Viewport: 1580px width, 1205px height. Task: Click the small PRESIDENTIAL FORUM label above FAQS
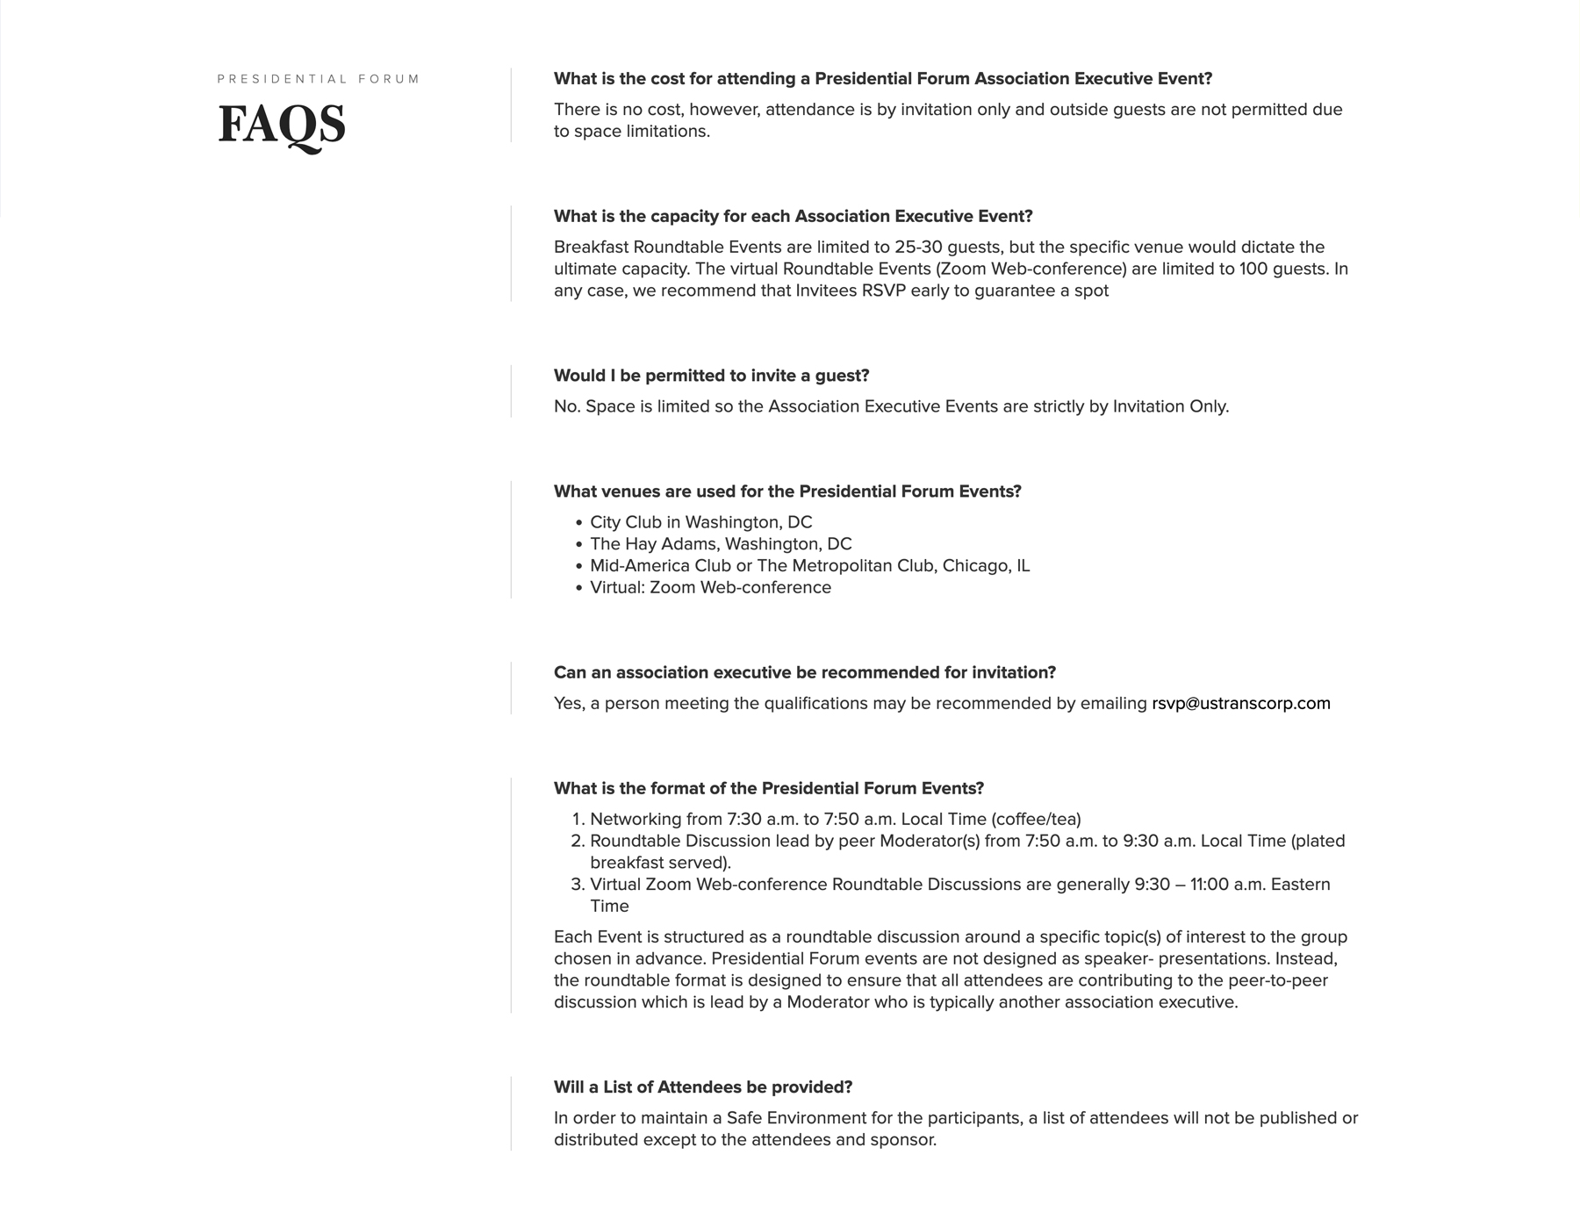319,79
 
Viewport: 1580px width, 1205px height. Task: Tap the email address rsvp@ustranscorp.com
1240,703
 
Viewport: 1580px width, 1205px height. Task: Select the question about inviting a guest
711,376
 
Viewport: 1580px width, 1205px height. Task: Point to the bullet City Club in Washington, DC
700,522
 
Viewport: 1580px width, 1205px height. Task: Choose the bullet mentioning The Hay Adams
721,544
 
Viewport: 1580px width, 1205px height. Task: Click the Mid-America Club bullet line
809,566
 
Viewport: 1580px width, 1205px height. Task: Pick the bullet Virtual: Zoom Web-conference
710,587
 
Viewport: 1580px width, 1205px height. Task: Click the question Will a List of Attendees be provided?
702,1087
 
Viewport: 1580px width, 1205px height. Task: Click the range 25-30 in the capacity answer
918,247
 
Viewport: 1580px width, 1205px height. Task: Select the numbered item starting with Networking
835,819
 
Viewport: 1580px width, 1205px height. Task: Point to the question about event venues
787,491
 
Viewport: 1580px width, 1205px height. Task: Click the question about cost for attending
882,79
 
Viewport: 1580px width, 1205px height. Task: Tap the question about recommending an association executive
804,672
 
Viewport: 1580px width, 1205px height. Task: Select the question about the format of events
768,788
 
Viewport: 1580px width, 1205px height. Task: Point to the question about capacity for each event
793,217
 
